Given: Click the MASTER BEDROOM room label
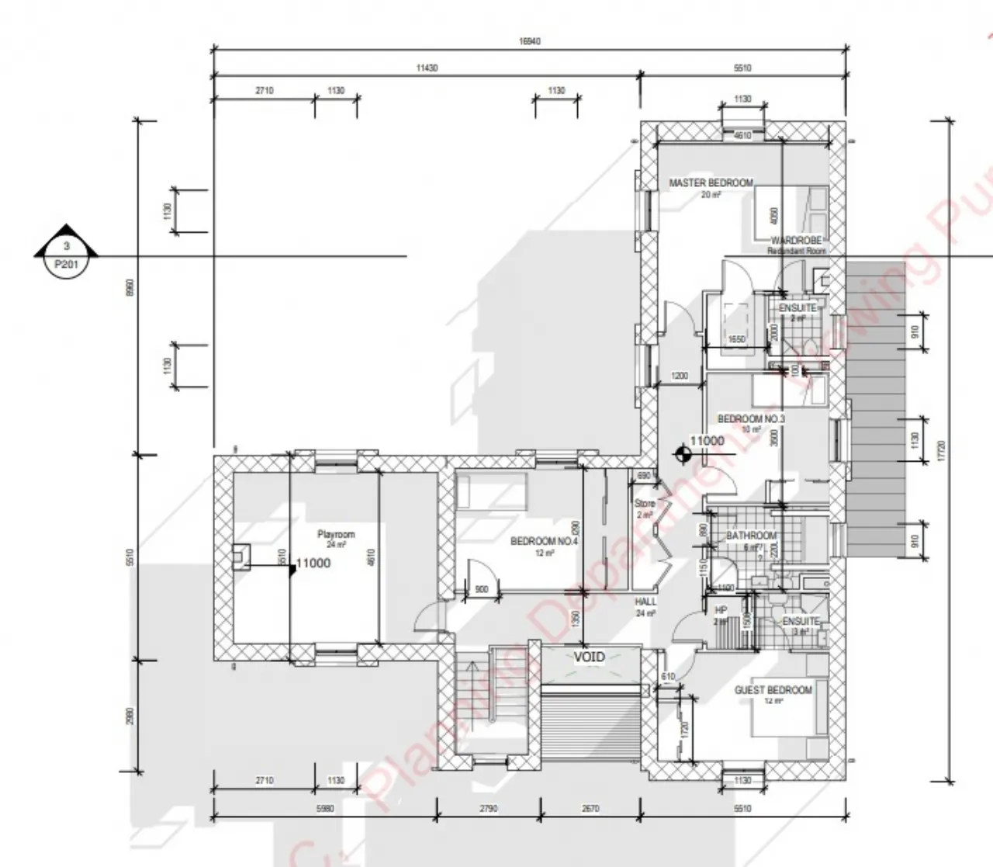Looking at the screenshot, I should pos(711,183).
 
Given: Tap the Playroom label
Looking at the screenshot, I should pos(336,535).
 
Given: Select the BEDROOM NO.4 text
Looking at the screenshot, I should pos(544,541).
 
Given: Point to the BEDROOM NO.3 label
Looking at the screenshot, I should pos(751,419).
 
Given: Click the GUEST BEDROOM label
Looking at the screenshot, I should pos(773,689).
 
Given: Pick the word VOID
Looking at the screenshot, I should pos(589,657).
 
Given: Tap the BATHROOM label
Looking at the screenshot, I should pos(751,536).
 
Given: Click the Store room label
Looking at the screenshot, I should pos(645,504).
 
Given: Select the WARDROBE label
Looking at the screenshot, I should pos(796,241).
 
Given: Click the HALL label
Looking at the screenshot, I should pos(645,602).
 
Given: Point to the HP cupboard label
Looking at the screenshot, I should pos(721,611).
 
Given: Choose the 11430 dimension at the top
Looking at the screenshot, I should pos(427,68).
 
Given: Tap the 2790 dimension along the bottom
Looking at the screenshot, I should pos(488,808).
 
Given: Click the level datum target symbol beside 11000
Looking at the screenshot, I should pos(682,455).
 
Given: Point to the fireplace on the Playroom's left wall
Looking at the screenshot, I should pos(241,556).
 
